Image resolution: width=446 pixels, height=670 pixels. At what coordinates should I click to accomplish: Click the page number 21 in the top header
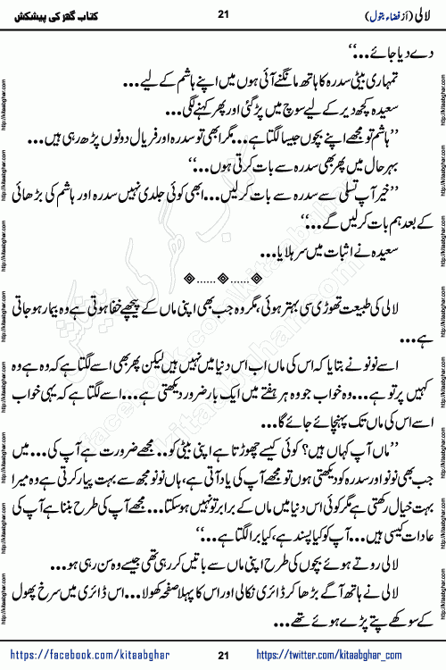[223, 13]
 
